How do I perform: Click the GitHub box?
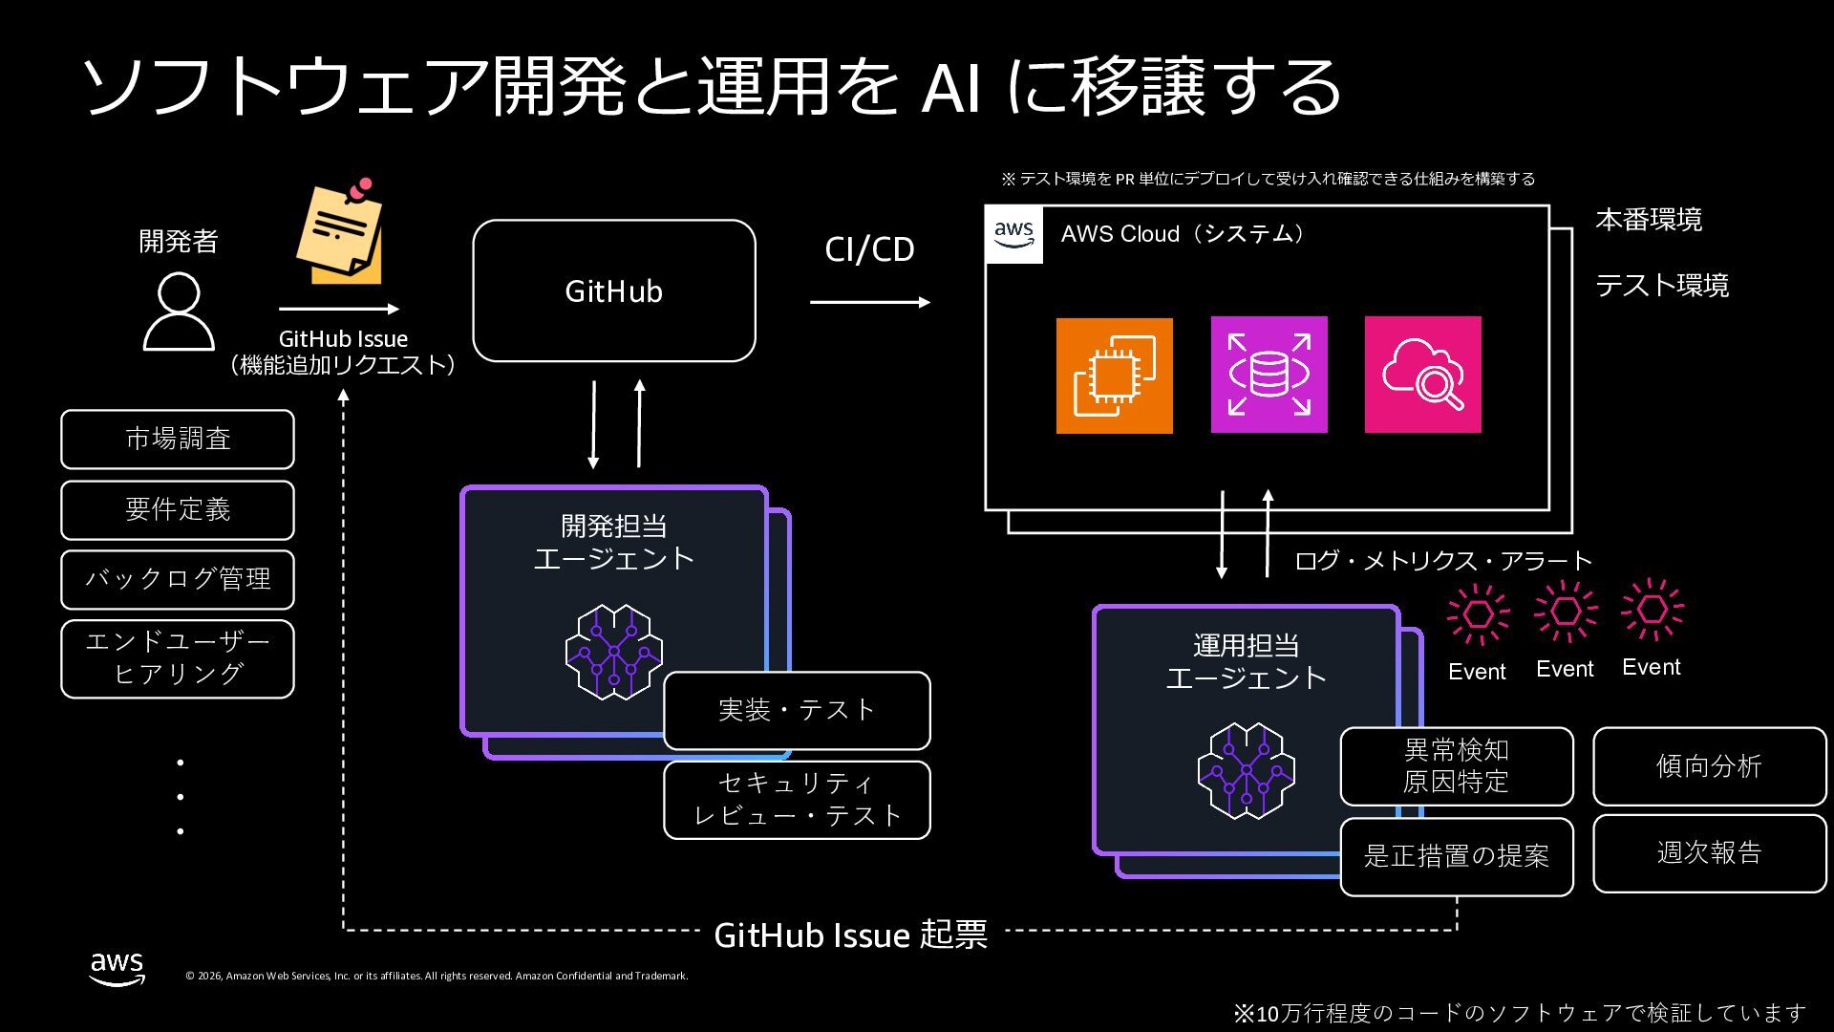(614, 290)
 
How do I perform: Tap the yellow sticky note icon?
(340, 231)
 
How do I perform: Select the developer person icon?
(179, 312)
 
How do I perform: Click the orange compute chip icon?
(1115, 376)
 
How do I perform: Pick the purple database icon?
(1269, 375)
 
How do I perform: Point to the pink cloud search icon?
(1423, 375)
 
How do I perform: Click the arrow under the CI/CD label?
(870, 302)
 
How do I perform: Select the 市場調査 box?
(178, 440)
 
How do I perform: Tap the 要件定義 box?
(178, 510)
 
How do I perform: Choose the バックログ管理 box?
(178, 579)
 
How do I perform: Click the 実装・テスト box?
(797, 711)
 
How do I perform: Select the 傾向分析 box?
(1710, 766)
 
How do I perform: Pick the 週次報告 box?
(1710, 853)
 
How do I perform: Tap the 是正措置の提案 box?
(1457, 856)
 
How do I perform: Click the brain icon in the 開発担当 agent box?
(614, 652)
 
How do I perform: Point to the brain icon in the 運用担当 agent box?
(1247, 771)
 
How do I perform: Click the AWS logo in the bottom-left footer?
(117, 968)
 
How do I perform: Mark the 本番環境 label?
(1649, 220)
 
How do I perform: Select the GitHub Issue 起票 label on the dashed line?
(850, 935)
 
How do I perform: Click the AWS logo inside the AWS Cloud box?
(1013, 234)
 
